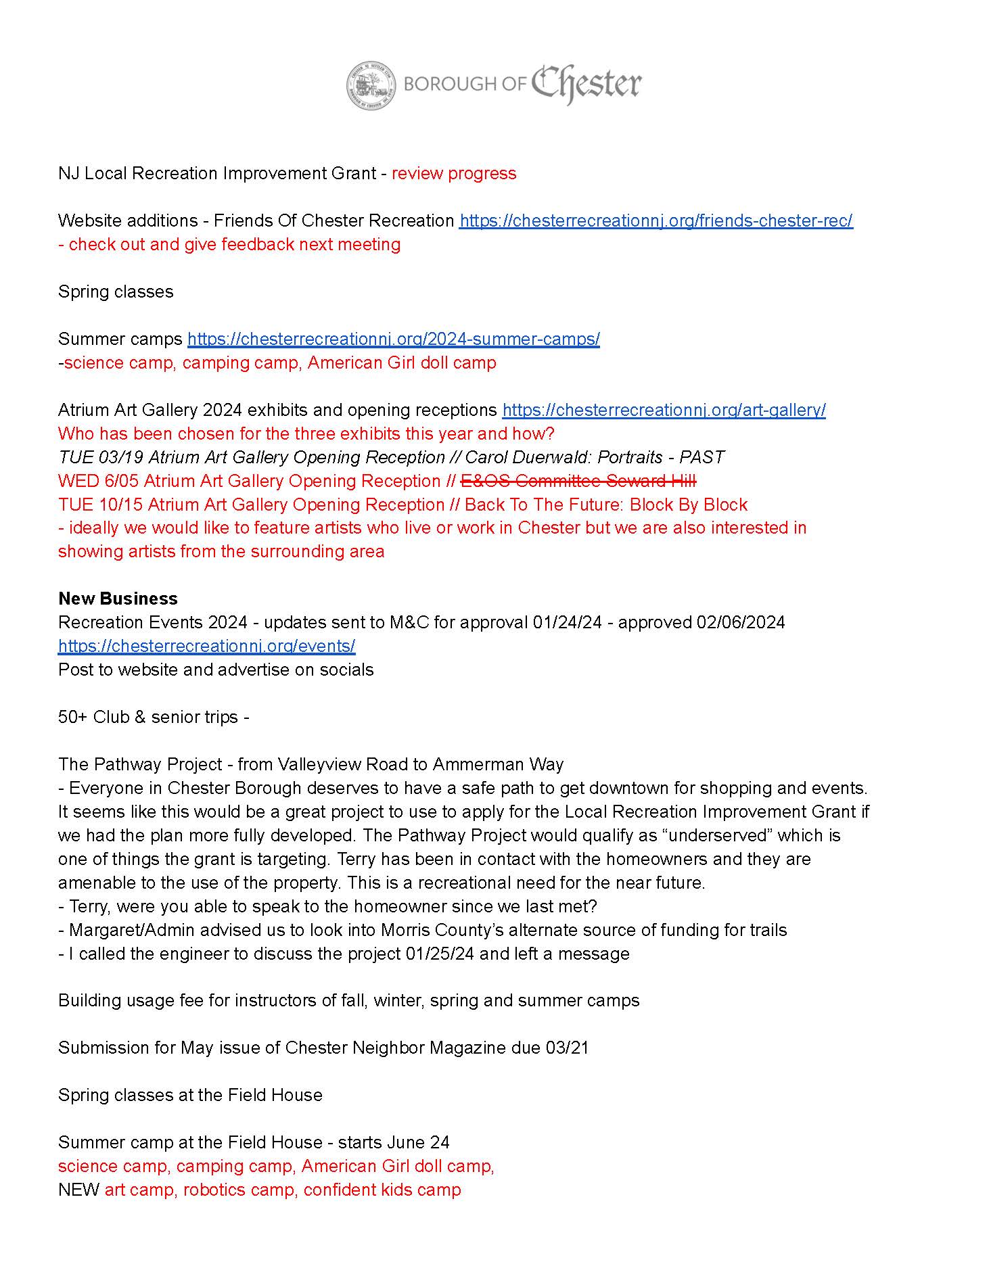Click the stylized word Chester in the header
tap(586, 85)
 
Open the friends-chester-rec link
tap(655, 221)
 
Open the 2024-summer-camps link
tap(393, 339)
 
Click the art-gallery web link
tap(664, 411)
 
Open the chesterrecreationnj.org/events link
tap(206, 646)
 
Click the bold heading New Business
tap(118, 599)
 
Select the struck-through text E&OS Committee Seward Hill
tap(578, 481)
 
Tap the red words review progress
tap(454, 174)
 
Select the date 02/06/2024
tap(741, 622)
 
